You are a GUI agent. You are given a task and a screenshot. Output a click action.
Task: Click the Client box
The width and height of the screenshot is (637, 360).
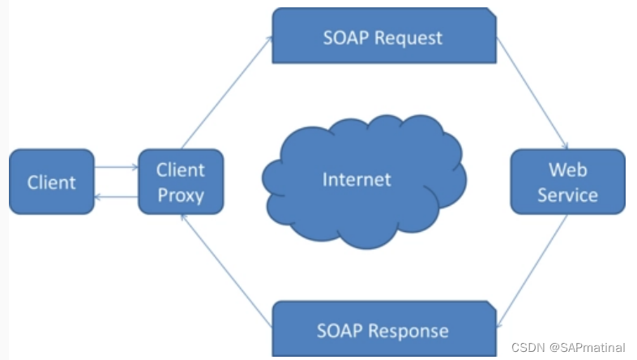[51, 182]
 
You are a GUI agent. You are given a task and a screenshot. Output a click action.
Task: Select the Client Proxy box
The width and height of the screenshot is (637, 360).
[181, 182]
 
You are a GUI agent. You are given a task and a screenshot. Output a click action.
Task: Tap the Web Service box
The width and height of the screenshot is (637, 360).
[567, 182]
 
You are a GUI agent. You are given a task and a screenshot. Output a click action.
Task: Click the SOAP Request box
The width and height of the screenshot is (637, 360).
[384, 37]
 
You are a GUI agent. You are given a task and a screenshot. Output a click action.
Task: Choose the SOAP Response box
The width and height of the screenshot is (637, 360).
[383, 330]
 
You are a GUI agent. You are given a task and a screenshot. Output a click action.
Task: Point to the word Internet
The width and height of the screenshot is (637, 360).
[357, 179]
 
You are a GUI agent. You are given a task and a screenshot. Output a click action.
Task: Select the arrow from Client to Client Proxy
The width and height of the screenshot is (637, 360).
[116, 168]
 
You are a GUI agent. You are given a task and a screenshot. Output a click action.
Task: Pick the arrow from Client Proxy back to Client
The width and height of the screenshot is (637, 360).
[116, 197]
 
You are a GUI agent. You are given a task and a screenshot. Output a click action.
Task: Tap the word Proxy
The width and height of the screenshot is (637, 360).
[181, 195]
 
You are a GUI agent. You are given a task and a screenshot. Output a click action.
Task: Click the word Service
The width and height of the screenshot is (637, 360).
[567, 195]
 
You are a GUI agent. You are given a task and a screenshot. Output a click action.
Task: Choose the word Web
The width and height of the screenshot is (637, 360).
[567, 169]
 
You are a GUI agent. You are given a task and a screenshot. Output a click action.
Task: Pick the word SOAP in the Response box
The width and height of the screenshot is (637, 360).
[340, 330]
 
